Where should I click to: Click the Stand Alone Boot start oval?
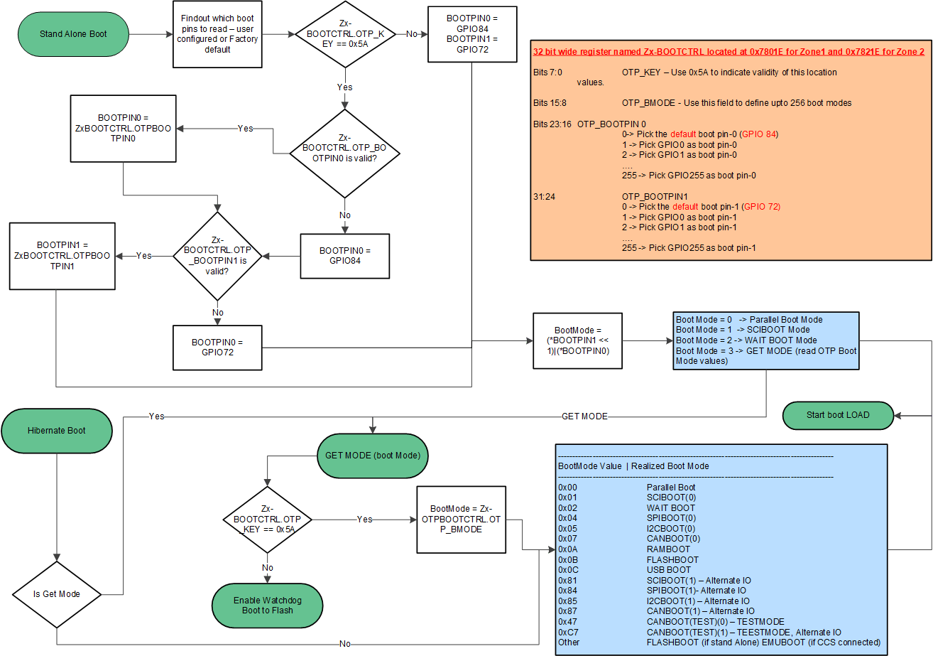tap(74, 33)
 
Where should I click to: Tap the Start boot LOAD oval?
tap(838, 415)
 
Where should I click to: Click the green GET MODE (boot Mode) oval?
tap(373, 456)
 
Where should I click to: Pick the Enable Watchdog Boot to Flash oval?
tap(268, 606)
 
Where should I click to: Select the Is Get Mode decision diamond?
tap(57, 594)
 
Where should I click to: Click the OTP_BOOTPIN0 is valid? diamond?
tap(344, 154)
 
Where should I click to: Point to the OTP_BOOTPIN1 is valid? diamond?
tap(217, 256)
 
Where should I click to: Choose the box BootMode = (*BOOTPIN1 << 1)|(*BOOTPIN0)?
tap(578, 341)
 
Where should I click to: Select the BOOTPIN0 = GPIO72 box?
tap(217, 348)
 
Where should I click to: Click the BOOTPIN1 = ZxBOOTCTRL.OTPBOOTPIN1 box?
tap(60, 256)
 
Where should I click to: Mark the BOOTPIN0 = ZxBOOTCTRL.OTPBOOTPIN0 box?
tap(124, 129)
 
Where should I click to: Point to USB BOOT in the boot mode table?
tap(668, 570)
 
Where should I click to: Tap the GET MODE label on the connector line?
tap(584, 416)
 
